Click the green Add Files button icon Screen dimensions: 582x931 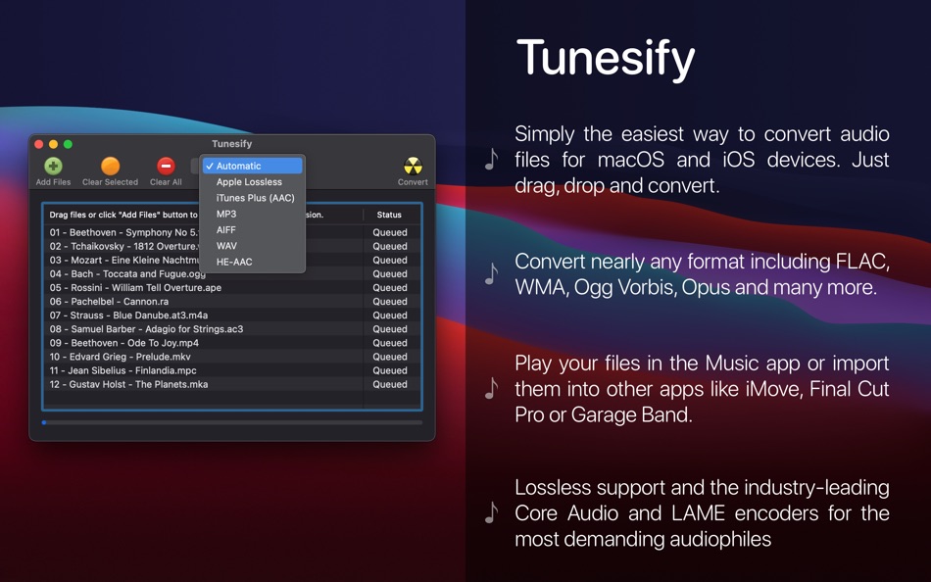tap(53, 167)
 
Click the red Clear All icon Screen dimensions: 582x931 tap(166, 167)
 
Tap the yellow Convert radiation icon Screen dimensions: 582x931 tap(413, 166)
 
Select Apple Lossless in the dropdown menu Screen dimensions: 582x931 tap(249, 182)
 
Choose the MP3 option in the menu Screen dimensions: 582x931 tap(226, 214)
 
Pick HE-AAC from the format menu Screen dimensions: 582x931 tap(234, 262)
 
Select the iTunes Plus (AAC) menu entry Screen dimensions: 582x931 tap(255, 198)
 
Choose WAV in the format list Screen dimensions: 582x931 tap(226, 246)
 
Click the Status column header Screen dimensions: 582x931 tap(389, 215)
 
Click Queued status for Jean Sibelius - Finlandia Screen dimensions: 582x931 tap(389, 370)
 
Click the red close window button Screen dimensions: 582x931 tap(39, 144)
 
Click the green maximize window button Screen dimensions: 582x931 tap(68, 144)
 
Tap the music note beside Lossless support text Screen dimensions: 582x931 tap(491, 512)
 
